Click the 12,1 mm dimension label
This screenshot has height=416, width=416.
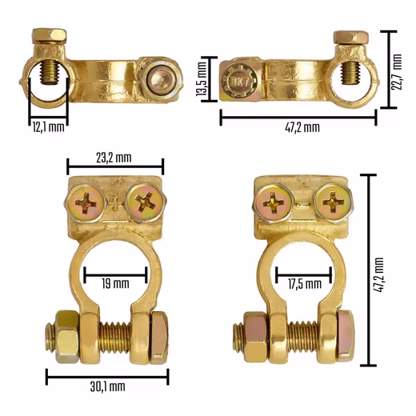click(48, 126)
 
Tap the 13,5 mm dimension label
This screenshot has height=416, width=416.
click(202, 79)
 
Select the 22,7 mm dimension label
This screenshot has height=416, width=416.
click(397, 72)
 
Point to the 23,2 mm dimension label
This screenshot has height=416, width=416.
click(114, 158)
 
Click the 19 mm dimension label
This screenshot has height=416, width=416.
click(115, 283)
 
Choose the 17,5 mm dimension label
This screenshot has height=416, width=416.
click(305, 284)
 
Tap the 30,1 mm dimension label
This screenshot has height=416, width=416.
click(107, 386)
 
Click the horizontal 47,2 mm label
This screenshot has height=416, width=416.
click(302, 127)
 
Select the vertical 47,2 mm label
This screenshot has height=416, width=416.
click(378, 275)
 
